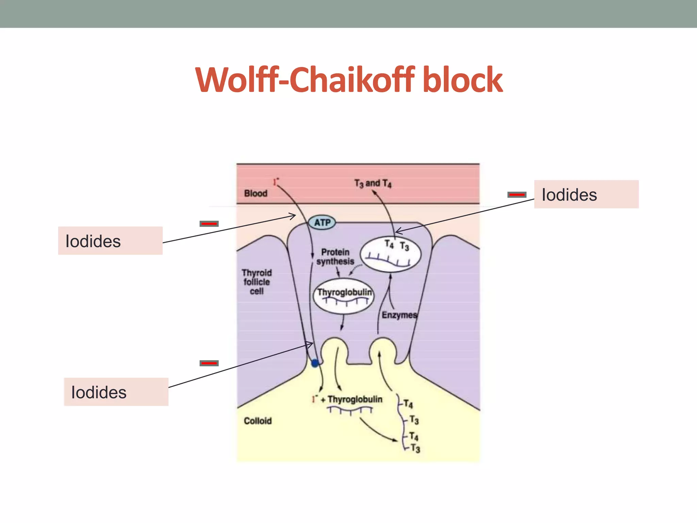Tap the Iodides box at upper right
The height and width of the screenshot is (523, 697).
point(586,194)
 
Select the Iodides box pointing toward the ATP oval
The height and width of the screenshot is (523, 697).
point(110,241)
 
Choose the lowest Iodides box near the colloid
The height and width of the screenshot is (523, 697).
point(116,392)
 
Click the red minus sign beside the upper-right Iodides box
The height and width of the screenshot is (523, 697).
point(517,195)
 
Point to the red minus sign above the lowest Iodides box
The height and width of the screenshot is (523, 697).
point(209,363)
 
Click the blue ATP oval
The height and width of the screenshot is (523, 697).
point(322,223)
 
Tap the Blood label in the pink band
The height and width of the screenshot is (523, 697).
point(256,193)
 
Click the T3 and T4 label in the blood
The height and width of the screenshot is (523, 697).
point(373,184)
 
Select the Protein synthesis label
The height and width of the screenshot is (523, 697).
point(335,257)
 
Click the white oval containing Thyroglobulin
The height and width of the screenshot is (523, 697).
point(344,296)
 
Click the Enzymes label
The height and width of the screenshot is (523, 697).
point(399,315)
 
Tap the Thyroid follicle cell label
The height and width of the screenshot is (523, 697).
point(257,282)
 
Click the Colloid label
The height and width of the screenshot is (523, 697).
point(258,421)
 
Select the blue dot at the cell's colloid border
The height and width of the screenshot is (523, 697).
point(315,363)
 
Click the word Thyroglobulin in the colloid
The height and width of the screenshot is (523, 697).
point(355,399)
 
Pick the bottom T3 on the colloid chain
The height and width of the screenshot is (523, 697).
point(415,448)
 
